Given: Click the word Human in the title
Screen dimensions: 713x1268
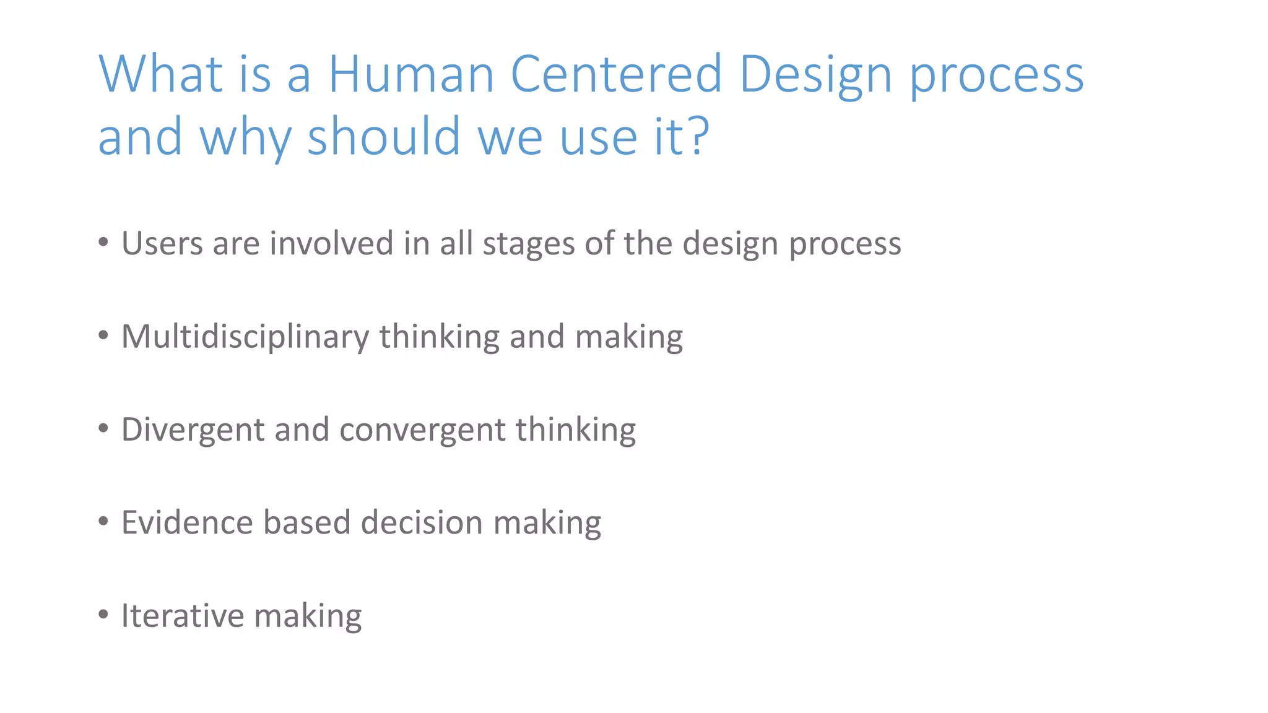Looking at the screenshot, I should tap(410, 74).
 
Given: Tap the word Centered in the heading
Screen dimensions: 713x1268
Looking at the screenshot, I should tap(616, 74).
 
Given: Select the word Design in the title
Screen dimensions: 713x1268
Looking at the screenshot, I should tap(815, 74).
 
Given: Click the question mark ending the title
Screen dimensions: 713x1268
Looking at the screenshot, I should tap(699, 136).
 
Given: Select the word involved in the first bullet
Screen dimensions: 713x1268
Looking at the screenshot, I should tap(331, 243).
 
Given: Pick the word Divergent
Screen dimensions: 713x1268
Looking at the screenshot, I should tap(193, 430).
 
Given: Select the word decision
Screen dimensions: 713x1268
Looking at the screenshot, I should tap(422, 522).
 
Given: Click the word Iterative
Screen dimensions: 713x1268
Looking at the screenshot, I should tap(183, 616).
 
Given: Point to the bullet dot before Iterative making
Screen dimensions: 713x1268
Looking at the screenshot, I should tap(103, 615).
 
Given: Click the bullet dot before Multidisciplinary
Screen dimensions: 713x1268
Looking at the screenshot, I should tap(103, 336).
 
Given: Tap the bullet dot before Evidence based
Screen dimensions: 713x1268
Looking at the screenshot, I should tap(103, 522).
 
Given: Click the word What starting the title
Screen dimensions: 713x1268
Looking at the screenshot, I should tap(160, 74).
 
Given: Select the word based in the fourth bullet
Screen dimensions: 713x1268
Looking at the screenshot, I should tap(307, 522).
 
